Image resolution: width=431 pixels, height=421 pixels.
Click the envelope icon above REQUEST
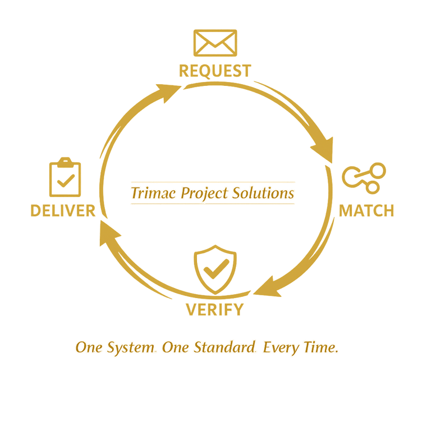click(x=215, y=43)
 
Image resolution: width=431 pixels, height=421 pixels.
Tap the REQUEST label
click(x=215, y=71)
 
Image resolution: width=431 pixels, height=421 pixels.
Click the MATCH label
click(x=366, y=210)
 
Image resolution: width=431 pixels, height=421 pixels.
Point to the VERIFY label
click(x=215, y=309)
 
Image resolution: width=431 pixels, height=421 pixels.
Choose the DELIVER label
click(x=63, y=210)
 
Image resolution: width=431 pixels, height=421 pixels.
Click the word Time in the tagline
click(x=323, y=348)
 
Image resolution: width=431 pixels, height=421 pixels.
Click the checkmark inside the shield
click(x=214, y=271)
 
